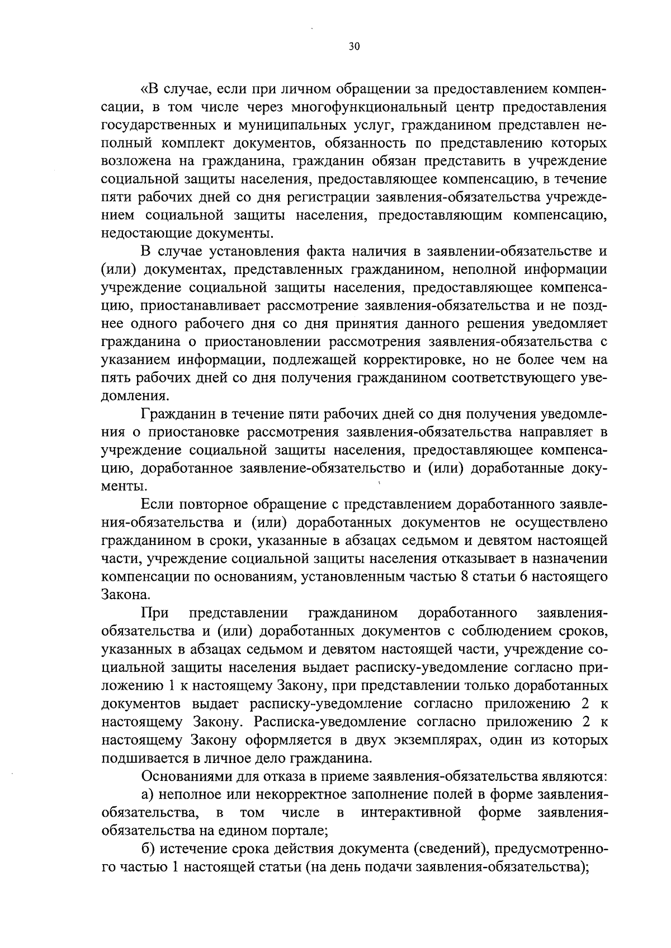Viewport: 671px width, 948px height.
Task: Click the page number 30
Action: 353,47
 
